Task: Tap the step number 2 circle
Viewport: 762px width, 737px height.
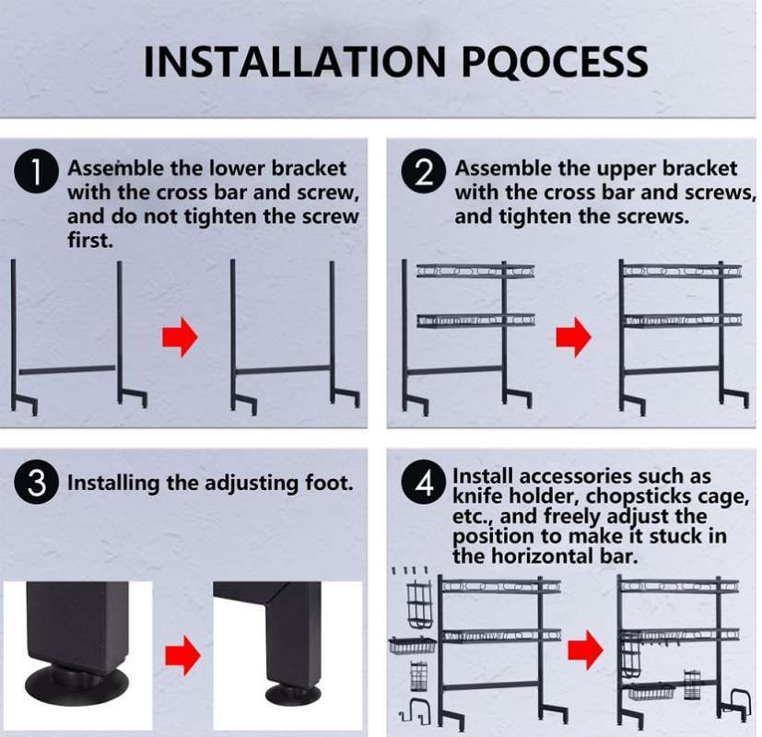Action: tap(425, 174)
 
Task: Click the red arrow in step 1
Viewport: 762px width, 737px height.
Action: tap(180, 339)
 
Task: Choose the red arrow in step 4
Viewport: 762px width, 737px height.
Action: tap(584, 652)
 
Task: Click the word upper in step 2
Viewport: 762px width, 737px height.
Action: tap(631, 169)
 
